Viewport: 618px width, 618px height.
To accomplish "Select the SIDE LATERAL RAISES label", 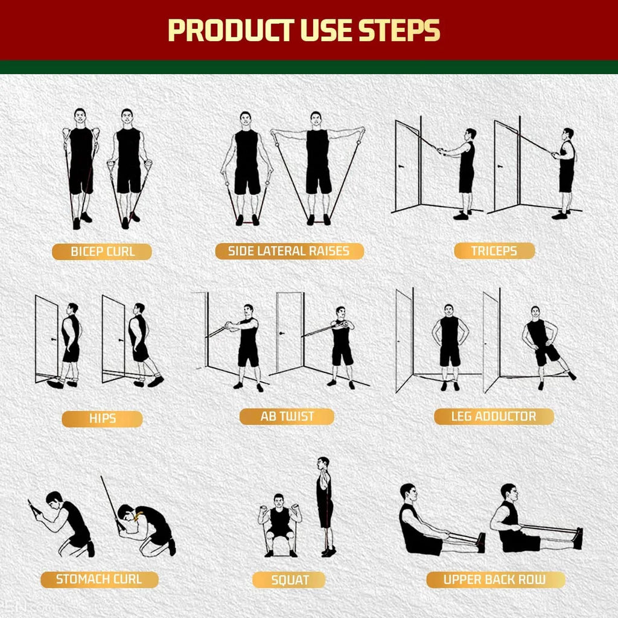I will pos(289,251).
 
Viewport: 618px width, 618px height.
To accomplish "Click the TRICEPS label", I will pos(494,251).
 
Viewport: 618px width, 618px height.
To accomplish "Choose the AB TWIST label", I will pos(287,416).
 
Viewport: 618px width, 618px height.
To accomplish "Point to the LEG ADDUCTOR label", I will pos(493,416).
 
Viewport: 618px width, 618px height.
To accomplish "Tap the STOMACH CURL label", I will pos(99,579).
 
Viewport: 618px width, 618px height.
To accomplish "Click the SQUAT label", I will pos(289,581).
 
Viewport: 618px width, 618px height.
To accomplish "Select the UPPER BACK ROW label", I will pos(495,580).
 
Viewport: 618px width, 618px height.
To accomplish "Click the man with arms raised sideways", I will pos(317,166).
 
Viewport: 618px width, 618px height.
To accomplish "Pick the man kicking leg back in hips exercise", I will pos(141,344).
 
